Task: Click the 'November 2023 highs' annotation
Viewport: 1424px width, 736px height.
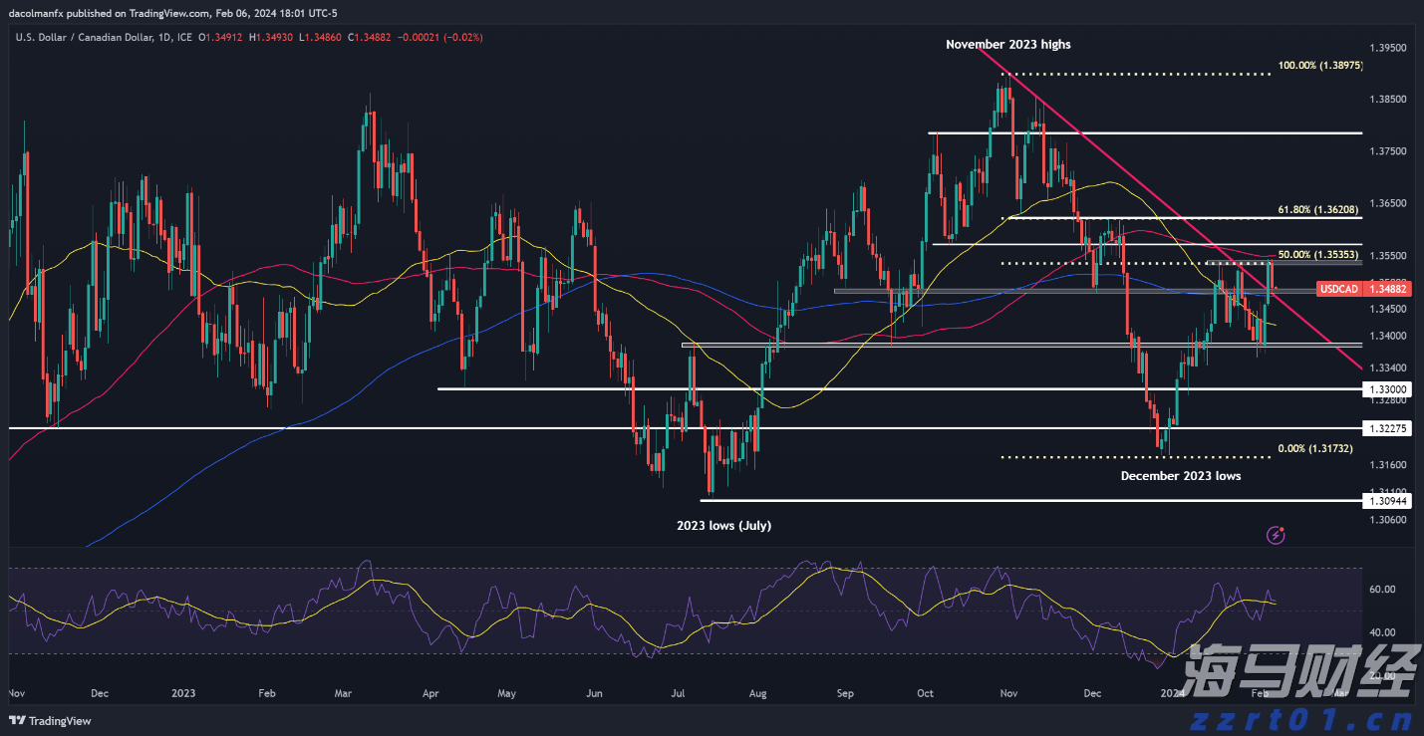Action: coord(1008,44)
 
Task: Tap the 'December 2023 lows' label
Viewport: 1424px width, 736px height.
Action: coord(1181,476)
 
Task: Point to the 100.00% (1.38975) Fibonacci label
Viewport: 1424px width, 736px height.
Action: coord(1320,65)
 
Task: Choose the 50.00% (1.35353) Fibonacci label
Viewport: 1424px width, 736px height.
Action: coord(1320,255)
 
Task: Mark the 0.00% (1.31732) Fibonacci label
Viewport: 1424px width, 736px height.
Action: coord(1315,449)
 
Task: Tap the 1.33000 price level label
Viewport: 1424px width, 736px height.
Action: coord(1387,389)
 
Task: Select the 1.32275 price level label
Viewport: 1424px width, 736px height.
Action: coord(1387,428)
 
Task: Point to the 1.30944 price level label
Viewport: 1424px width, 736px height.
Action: coord(1387,501)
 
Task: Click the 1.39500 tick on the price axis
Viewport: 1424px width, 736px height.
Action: coord(1387,48)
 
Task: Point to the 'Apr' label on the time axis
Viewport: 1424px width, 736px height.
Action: coord(430,691)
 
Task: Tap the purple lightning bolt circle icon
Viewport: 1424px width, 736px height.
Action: coord(1276,536)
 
